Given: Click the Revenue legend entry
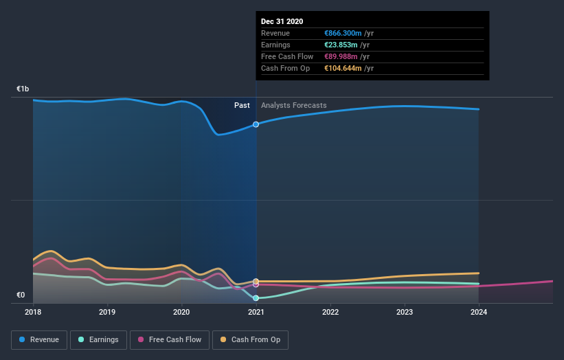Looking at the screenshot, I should (x=40, y=339).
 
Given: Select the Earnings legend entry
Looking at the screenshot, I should (x=98, y=339).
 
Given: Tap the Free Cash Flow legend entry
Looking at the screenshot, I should (x=168, y=339).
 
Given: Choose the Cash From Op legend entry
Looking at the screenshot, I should (x=250, y=339).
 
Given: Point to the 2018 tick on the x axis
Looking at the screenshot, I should (x=33, y=311).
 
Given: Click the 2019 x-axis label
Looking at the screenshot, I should (x=107, y=311).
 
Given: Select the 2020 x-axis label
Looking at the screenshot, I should (x=181, y=311).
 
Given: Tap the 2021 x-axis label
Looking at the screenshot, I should (x=256, y=311).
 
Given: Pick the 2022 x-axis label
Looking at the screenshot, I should (x=330, y=311).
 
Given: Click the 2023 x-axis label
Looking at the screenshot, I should (x=405, y=311).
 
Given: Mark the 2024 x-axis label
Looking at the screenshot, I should (x=479, y=311).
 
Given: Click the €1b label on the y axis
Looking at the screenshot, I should (x=23, y=89).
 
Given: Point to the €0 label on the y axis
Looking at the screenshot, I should (x=21, y=295).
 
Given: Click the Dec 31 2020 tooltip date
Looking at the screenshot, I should (x=282, y=21).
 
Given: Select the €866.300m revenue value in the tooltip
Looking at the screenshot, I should (x=349, y=33).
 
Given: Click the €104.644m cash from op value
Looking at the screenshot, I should (x=349, y=68).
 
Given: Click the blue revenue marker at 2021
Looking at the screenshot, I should (x=256, y=124).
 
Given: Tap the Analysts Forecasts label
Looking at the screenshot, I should (x=294, y=105).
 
